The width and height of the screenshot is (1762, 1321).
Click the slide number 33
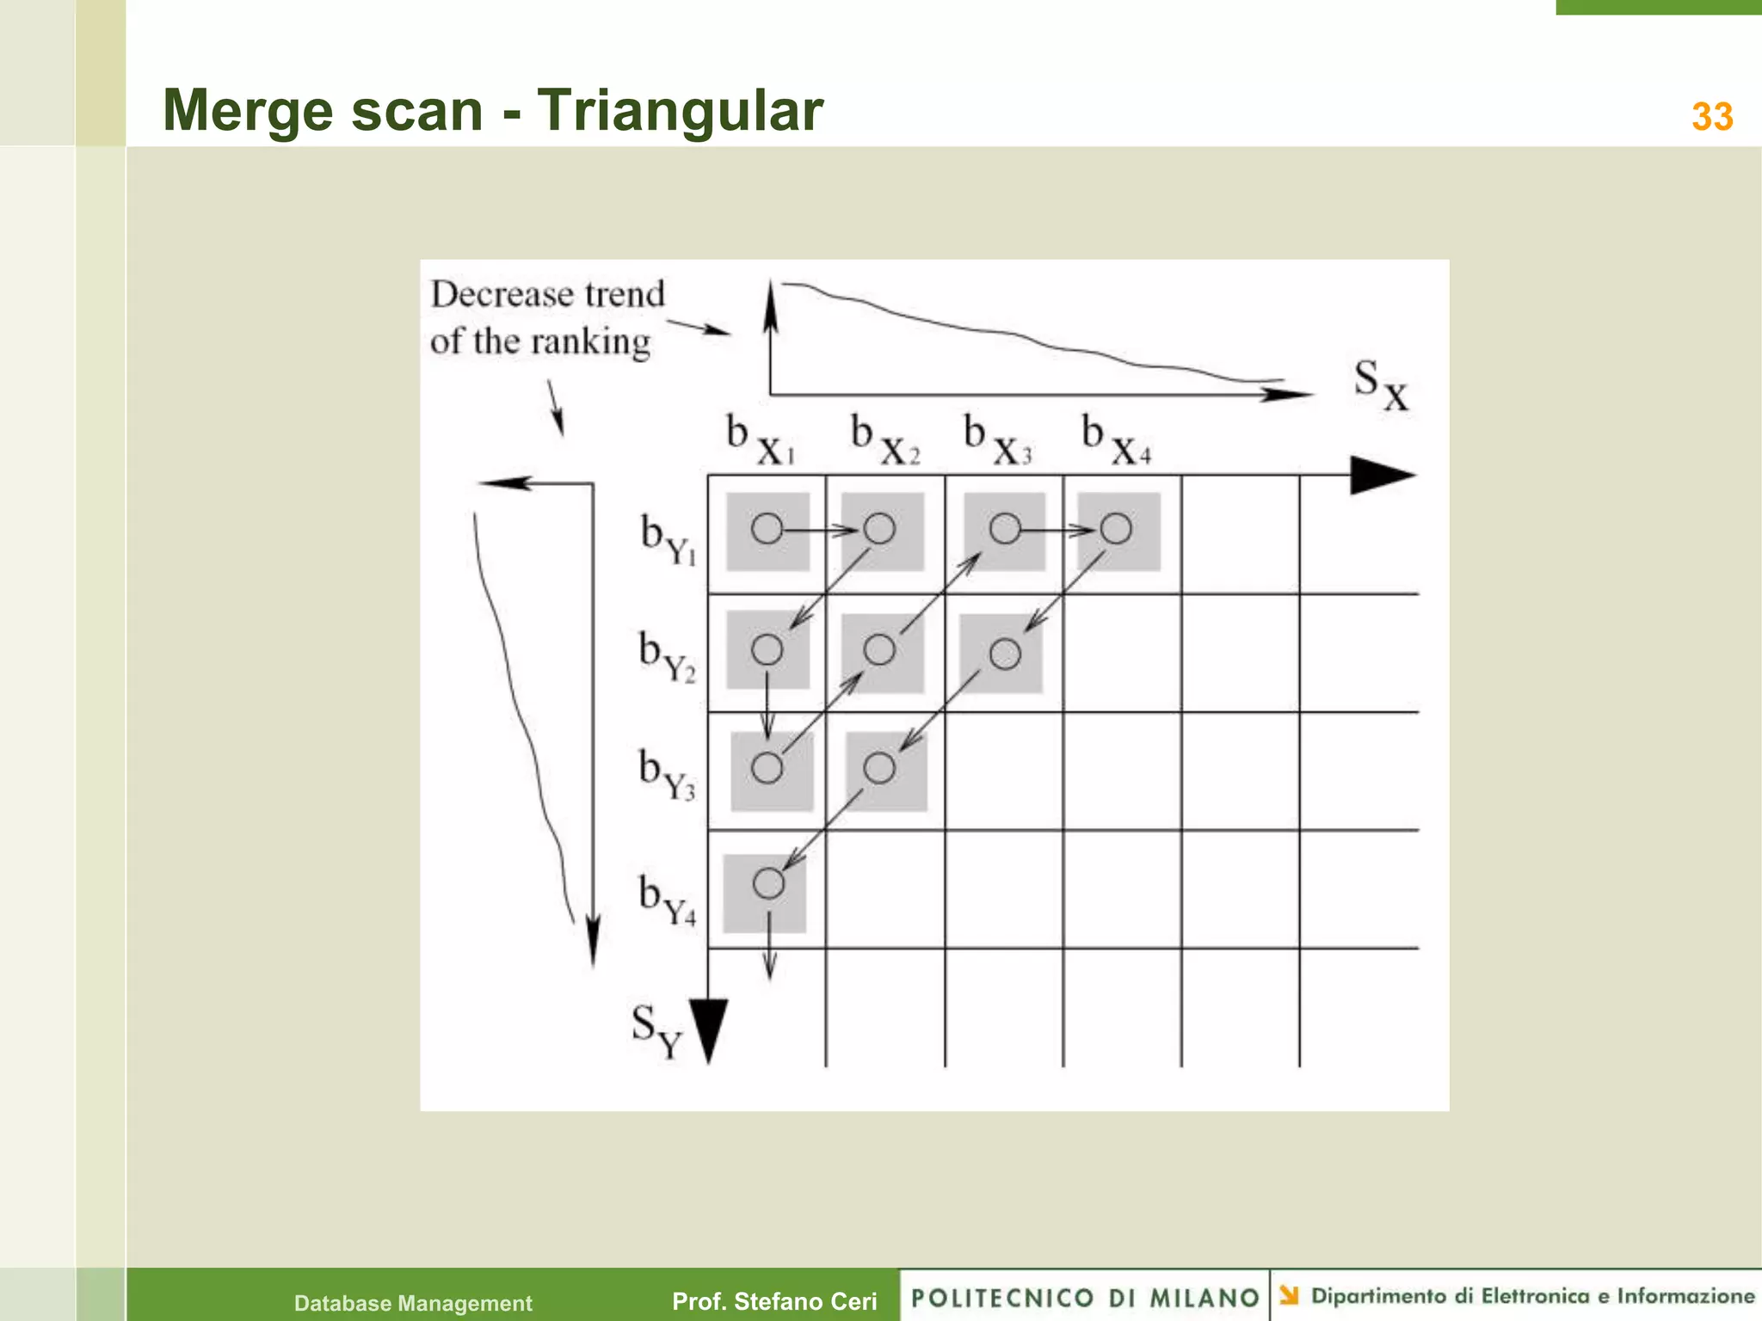coord(1711,117)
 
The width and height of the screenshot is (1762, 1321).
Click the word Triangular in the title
coord(680,110)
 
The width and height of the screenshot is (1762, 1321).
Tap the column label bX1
coord(760,439)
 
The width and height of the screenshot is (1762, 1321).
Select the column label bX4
coord(1115,439)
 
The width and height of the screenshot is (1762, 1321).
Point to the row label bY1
coord(668,539)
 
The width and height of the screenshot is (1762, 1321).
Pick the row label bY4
coord(667,899)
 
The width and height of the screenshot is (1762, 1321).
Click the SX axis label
coord(1380,384)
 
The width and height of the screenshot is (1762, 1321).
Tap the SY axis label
coord(656,1031)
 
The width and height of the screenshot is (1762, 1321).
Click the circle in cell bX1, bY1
coord(767,528)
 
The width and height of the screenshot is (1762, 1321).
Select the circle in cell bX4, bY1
coord(1116,528)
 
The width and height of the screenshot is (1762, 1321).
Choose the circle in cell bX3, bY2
coord(1005,654)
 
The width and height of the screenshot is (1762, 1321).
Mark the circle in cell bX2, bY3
coord(879,767)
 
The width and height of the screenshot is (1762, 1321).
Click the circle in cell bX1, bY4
coord(768,883)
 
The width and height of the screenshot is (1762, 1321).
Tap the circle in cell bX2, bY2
coord(879,649)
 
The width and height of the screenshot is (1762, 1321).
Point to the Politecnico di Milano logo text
coord(1085,1297)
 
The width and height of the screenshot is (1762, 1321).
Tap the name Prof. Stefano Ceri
coord(774,1301)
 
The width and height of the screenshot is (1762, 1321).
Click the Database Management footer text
coord(413,1303)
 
